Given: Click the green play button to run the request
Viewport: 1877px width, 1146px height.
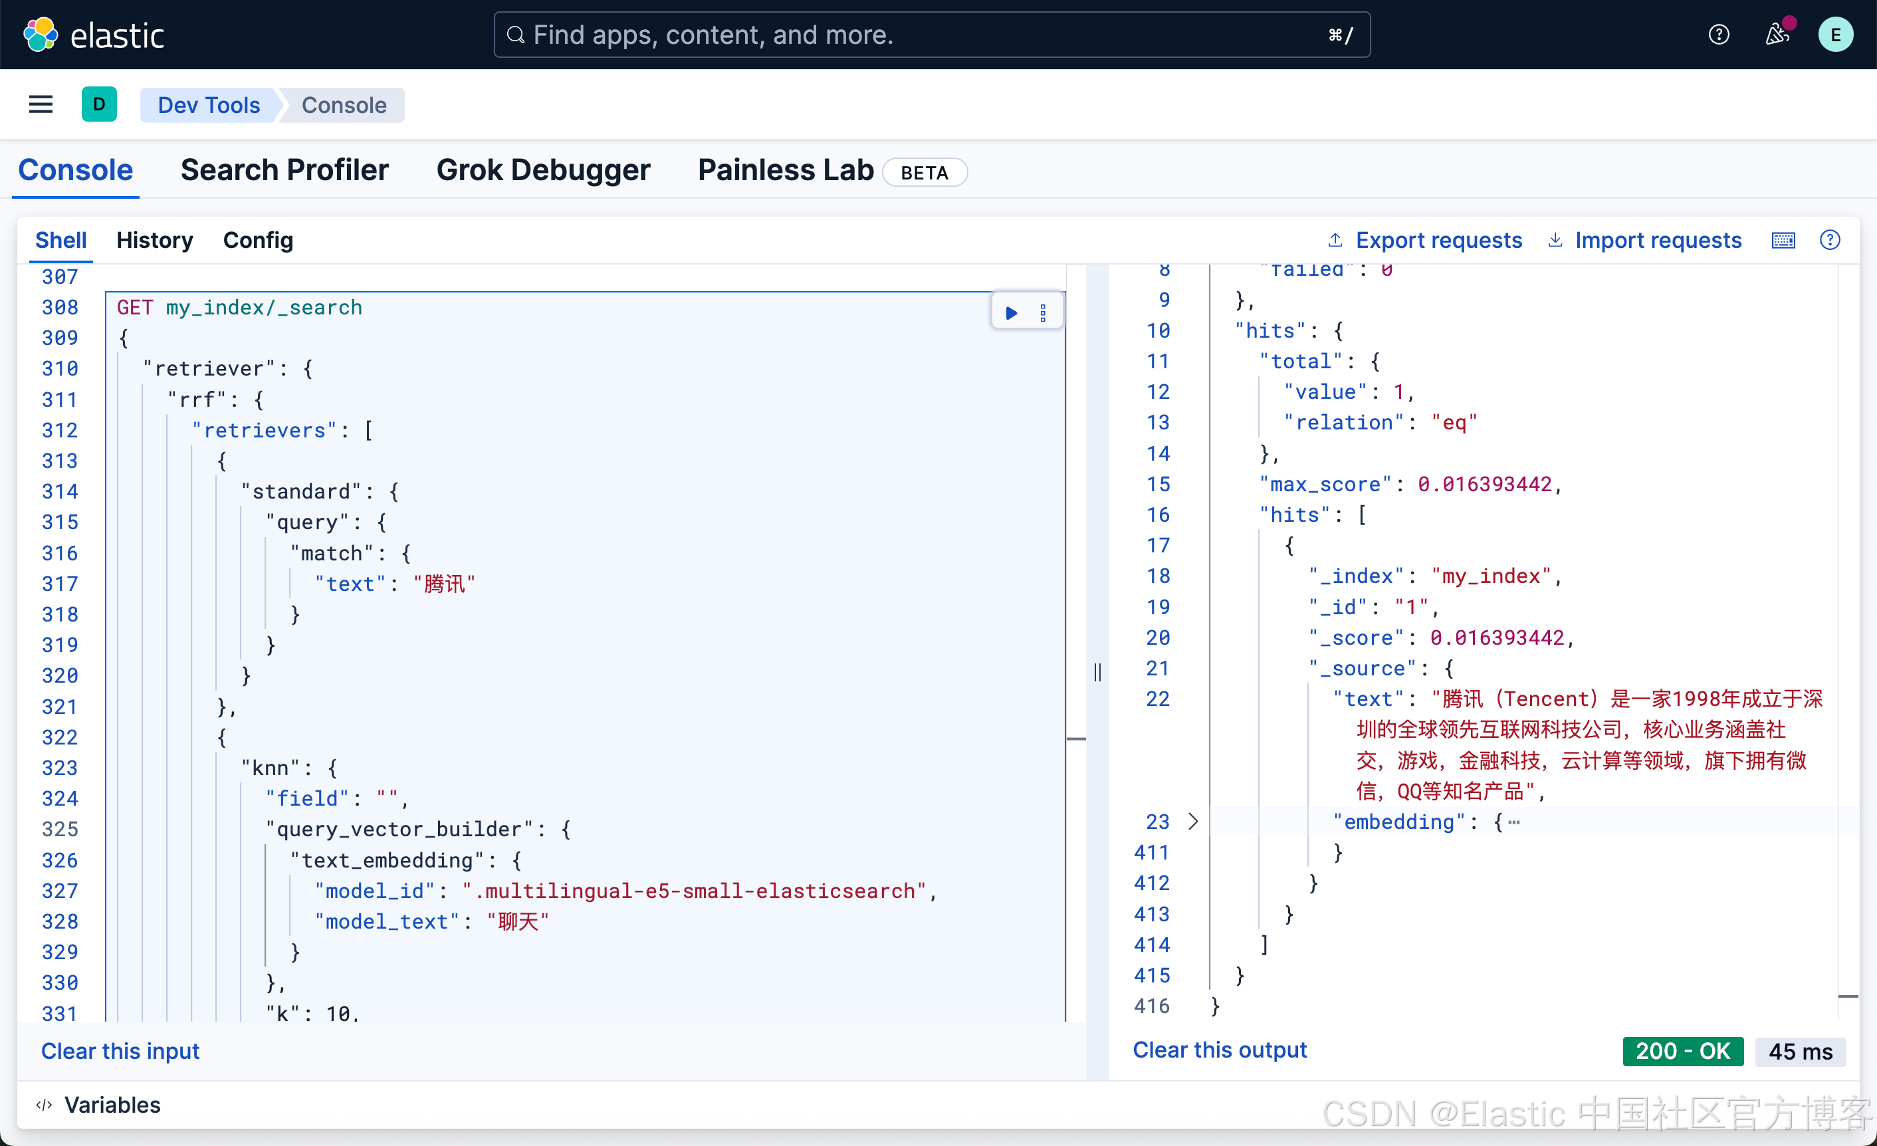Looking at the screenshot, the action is [x=1011, y=312].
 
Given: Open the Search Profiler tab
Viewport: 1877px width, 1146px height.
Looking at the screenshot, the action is [x=284, y=170].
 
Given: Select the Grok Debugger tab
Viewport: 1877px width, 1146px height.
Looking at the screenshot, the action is [x=543, y=170].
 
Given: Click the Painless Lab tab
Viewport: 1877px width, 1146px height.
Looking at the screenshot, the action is [x=786, y=170].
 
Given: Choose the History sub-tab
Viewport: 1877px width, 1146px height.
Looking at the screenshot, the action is [x=155, y=240].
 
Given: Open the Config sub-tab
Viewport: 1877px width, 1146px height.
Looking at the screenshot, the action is [x=257, y=240].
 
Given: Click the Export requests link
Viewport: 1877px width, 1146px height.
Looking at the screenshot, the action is [x=1438, y=240].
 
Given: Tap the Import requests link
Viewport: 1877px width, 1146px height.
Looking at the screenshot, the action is [x=1658, y=240].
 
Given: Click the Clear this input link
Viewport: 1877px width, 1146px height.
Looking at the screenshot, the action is [x=120, y=1051].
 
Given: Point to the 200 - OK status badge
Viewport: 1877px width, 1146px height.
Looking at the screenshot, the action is [x=1682, y=1051].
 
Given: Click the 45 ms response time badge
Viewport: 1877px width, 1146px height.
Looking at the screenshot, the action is [x=1799, y=1052].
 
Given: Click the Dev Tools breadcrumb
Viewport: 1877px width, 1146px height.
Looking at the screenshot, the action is [x=209, y=105].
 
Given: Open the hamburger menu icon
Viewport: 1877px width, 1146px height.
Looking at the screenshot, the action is [x=41, y=104].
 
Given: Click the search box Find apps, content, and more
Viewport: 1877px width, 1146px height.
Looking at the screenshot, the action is [x=931, y=35].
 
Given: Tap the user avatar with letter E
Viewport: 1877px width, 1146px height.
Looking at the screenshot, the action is [x=1835, y=35].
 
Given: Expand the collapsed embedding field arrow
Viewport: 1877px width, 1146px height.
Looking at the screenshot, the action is [x=1193, y=822].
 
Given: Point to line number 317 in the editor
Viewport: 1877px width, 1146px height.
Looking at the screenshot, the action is [x=60, y=584].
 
